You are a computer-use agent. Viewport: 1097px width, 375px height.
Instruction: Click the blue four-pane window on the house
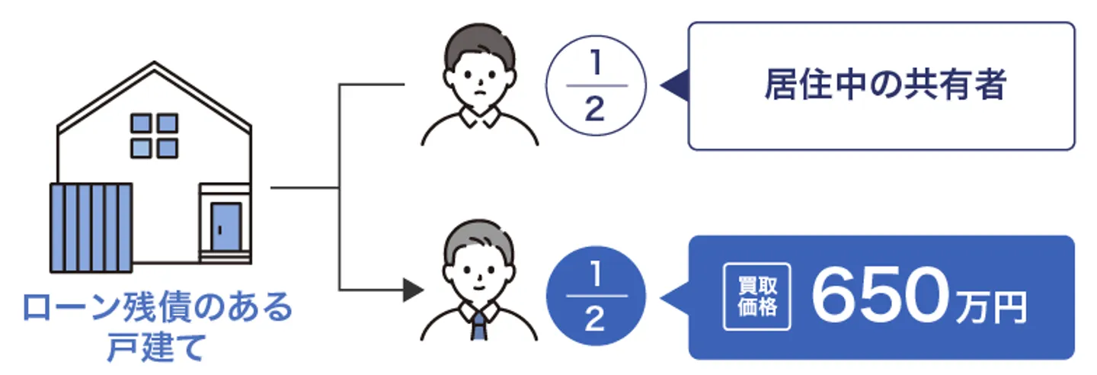(154, 136)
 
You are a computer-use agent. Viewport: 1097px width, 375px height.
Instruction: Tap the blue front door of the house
(226, 227)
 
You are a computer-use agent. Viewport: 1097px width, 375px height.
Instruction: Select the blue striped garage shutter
(91, 227)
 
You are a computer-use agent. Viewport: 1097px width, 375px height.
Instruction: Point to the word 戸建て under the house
(156, 348)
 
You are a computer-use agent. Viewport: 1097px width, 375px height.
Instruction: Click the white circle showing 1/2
(596, 86)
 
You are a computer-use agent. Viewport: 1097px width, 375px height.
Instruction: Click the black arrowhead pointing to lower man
(412, 290)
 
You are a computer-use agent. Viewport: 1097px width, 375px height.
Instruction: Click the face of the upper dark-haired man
(481, 76)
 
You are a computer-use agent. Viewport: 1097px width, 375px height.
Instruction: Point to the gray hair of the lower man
(479, 236)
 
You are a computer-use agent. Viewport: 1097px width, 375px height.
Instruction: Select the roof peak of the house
(155, 66)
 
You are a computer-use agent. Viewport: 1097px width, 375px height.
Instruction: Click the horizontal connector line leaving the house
(305, 187)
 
